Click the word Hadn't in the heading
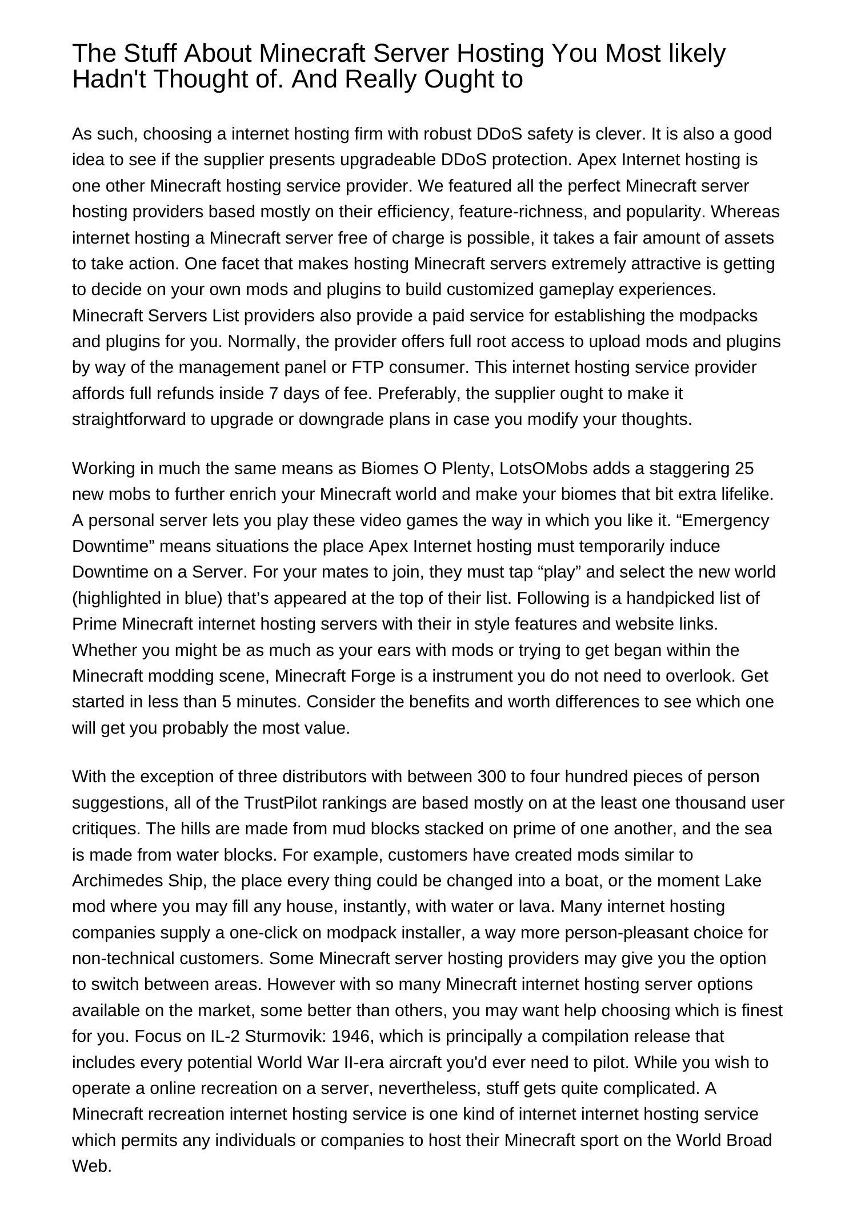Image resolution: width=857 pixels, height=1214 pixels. tap(107, 79)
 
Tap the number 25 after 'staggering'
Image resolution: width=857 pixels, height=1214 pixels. tap(744, 468)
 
